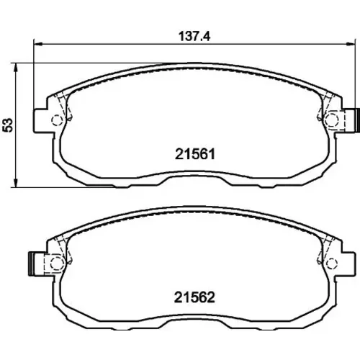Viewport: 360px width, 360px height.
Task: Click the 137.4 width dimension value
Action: pos(194,37)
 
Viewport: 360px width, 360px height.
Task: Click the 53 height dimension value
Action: pos(8,125)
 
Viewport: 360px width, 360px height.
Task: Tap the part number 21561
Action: pos(195,154)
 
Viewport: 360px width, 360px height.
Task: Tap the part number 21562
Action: pos(194,297)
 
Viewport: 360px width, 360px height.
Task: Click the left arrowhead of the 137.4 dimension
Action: pos(38,44)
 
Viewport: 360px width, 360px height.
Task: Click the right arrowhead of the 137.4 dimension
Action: pos(350,44)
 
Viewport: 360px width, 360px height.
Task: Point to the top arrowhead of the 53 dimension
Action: pos(16,68)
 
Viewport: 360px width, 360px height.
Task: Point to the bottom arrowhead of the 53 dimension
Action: pos(16,183)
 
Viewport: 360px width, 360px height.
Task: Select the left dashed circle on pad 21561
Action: pos(57,120)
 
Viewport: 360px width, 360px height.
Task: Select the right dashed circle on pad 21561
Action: pos(332,120)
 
